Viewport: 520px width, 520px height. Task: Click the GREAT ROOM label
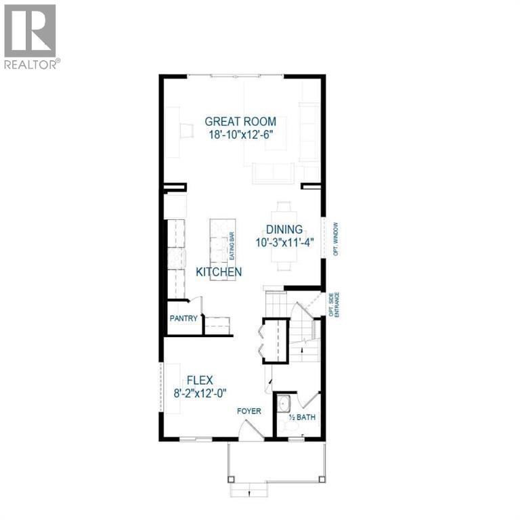tap(240, 121)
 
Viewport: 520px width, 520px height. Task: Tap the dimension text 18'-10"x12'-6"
tap(240, 135)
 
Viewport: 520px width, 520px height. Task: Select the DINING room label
tap(284, 230)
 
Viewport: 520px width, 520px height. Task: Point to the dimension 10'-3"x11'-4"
tap(284, 243)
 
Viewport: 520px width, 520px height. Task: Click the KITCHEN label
tap(219, 272)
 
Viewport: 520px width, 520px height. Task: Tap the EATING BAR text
tap(232, 246)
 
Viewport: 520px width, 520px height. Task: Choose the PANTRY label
tap(183, 318)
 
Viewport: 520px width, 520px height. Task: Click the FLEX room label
tap(200, 380)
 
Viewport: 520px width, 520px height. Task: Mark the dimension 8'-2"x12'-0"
tap(200, 393)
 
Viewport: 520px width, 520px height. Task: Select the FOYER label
tap(249, 411)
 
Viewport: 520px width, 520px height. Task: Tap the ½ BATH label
tap(302, 417)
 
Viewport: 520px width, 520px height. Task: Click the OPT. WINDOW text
tap(337, 239)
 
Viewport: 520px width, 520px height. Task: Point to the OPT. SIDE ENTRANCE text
tap(334, 305)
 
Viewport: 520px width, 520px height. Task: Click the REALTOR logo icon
tap(30, 31)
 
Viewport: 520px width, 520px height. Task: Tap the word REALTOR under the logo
tap(30, 64)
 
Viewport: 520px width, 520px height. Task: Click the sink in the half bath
tap(284, 404)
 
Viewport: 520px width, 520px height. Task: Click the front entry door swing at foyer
tap(251, 430)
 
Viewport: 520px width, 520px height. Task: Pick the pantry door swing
tap(196, 306)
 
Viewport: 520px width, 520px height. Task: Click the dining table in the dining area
tap(284, 236)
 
